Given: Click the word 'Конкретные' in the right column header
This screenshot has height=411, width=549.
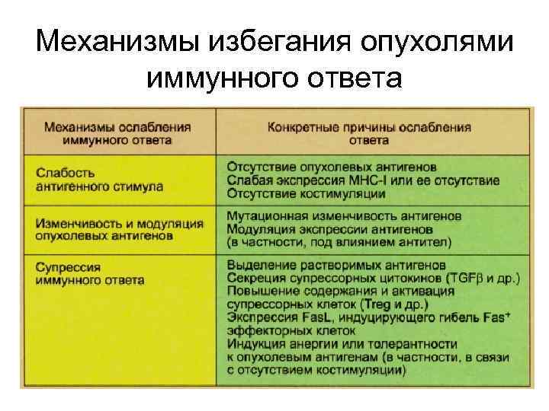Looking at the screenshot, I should tap(301, 127).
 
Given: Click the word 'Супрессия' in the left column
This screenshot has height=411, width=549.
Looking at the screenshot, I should tap(68, 268).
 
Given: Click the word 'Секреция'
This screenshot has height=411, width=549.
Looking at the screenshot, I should tap(255, 278).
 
